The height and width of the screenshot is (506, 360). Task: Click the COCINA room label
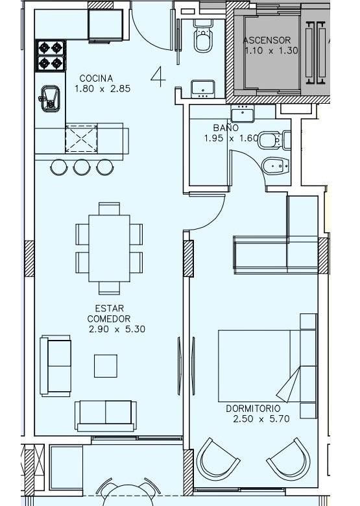point(96,78)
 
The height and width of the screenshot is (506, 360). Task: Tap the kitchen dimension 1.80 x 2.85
point(102,89)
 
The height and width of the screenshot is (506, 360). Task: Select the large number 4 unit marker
point(158,77)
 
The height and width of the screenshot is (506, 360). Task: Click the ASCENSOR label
point(267,40)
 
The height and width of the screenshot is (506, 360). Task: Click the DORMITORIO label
point(253,409)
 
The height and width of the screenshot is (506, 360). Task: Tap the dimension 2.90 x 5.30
point(117,329)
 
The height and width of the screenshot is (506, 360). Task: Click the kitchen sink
point(49,99)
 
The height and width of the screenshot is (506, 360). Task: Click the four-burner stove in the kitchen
point(51,56)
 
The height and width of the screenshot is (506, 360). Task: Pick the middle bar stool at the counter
point(82,167)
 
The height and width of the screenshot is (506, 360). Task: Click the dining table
point(110,248)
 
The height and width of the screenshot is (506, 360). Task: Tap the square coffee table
point(106,366)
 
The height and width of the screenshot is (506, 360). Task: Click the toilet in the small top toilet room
point(203,36)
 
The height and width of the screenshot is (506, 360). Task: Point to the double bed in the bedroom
point(267,366)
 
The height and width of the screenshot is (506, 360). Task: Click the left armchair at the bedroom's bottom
point(218,459)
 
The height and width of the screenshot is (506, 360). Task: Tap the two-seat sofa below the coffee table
point(106,416)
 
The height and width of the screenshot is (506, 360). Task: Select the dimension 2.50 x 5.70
point(261,419)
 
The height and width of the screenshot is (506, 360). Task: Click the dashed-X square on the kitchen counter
point(81,139)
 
